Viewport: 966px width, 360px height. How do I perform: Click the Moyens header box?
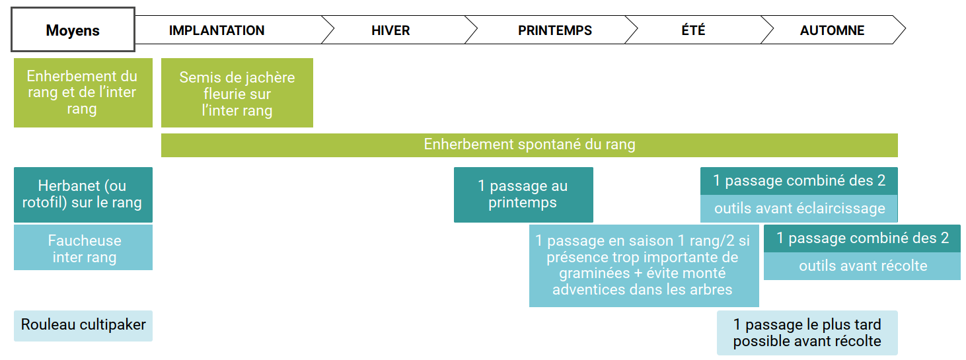(73, 30)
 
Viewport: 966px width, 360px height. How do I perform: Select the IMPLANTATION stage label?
(217, 30)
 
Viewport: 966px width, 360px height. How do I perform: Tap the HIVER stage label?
(390, 30)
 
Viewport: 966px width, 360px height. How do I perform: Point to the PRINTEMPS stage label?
(555, 30)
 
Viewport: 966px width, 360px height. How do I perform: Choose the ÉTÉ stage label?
(694, 30)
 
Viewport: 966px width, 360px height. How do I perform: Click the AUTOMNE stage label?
(833, 30)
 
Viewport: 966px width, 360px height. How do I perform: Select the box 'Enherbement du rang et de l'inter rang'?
(83, 92)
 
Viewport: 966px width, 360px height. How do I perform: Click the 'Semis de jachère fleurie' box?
(237, 92)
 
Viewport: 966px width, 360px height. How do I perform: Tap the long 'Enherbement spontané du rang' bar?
(529, 145)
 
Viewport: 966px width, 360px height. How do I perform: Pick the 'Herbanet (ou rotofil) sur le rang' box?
(83, 195)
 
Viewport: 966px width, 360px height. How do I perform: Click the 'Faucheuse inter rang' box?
(83, 248)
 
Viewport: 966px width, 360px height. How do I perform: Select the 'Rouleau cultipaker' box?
(83, 326)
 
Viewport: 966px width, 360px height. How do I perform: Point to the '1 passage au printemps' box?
(523, 195)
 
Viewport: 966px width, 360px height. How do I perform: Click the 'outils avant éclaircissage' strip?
(799, 209)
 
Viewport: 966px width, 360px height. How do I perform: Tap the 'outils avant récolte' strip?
(862, 266)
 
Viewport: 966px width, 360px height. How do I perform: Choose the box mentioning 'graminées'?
(644, 266)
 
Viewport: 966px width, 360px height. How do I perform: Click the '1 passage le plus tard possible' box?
(807, 333)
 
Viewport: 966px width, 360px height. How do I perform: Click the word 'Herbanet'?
(69, 186)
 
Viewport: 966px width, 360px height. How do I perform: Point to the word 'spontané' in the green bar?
(549, 145)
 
